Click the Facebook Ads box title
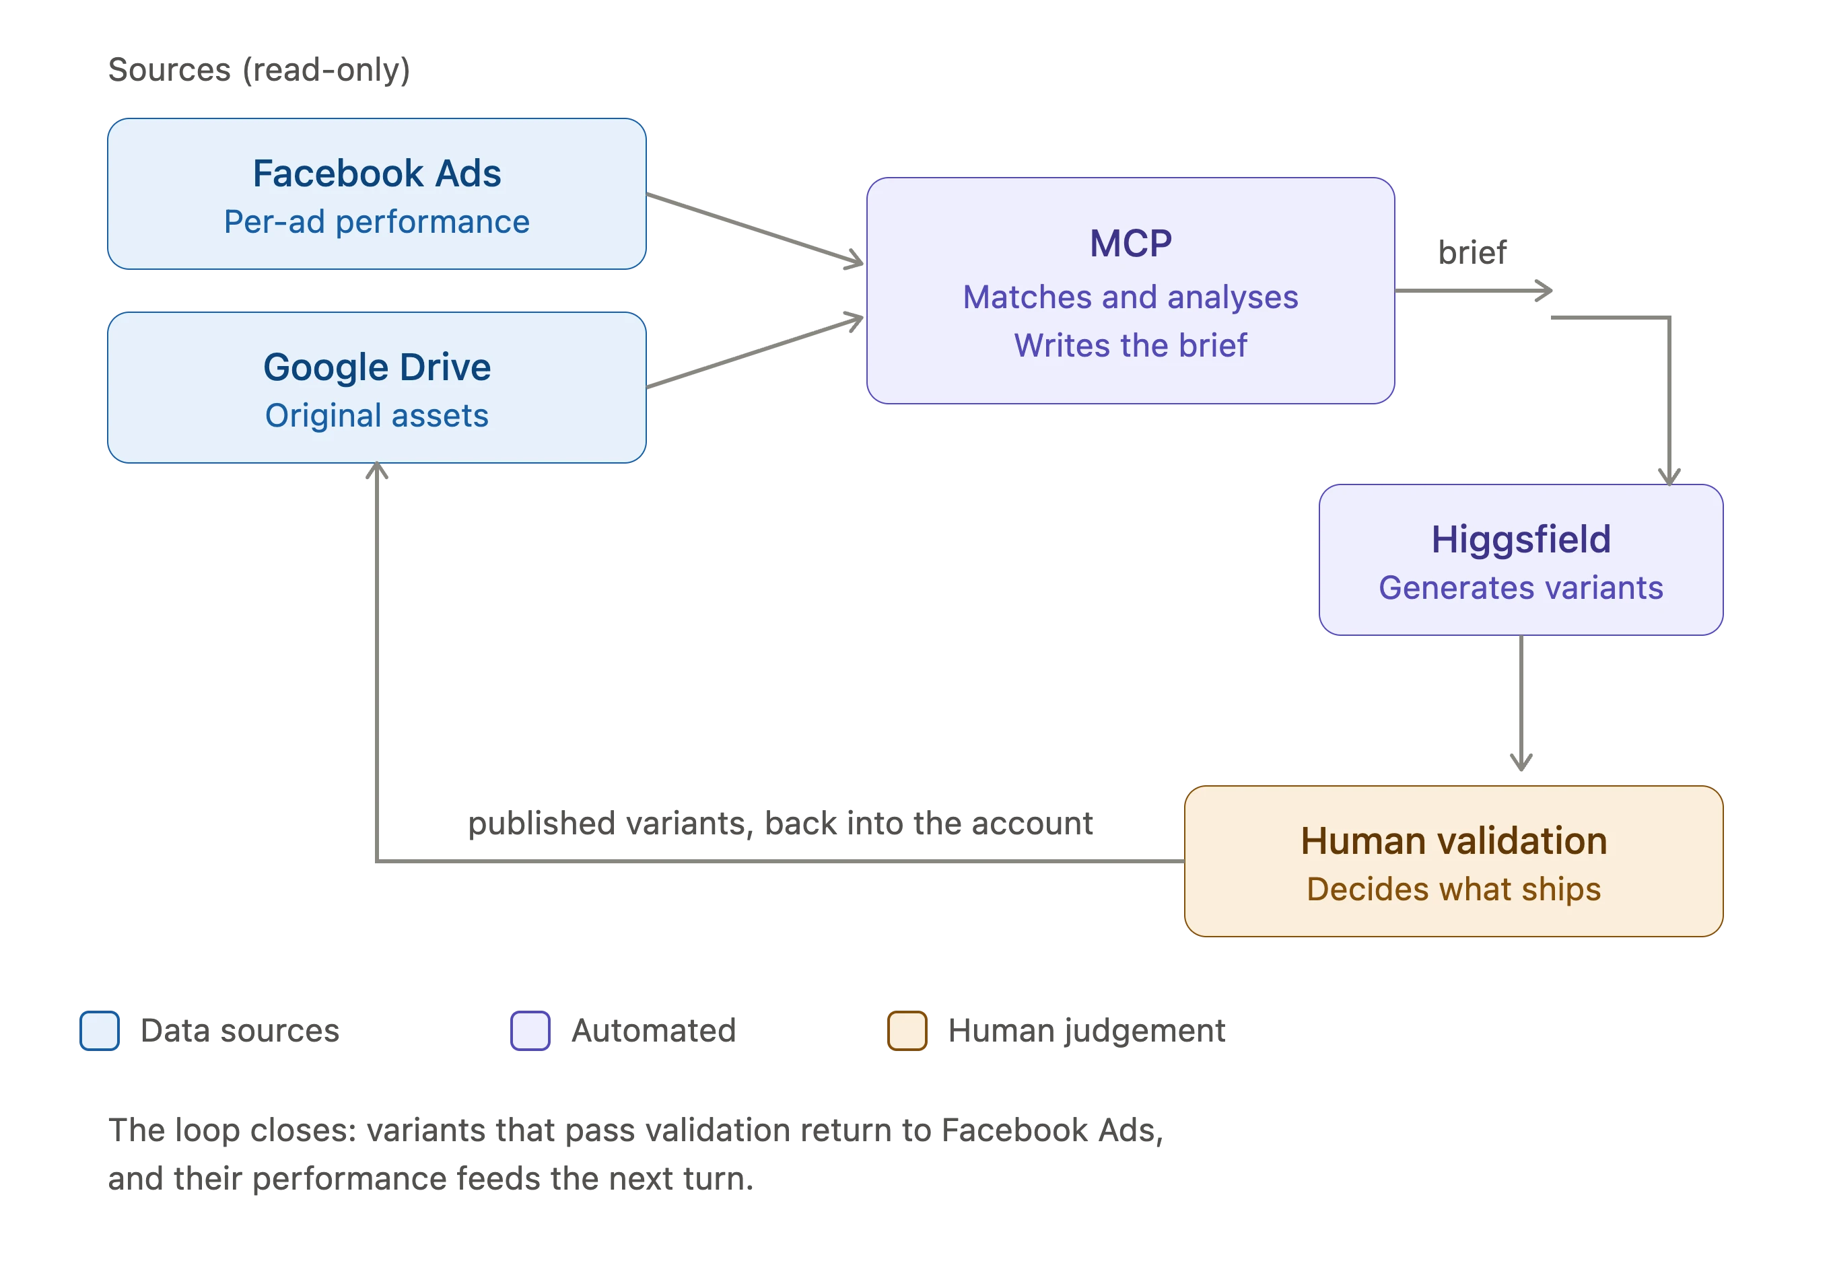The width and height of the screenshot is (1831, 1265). (377, 174)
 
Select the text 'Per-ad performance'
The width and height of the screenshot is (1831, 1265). (377, 222)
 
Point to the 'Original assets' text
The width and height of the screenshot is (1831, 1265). (377, 415)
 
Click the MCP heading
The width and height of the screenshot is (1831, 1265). (1130, 244)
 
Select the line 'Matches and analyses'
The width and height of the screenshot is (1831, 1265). (1130, 297)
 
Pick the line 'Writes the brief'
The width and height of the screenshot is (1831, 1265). (1130, 346)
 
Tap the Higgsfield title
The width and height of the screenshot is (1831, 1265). (1521, 540)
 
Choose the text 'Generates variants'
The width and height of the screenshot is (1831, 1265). (1521, 588)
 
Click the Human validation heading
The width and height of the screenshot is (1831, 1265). (1453, 841)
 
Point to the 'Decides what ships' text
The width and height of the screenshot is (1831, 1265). (1453, 890)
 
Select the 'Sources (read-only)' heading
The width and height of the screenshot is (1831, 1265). (259, 70)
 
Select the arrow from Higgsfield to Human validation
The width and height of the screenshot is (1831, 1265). (1521, 703)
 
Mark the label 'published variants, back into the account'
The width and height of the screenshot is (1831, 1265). (780, 824)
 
